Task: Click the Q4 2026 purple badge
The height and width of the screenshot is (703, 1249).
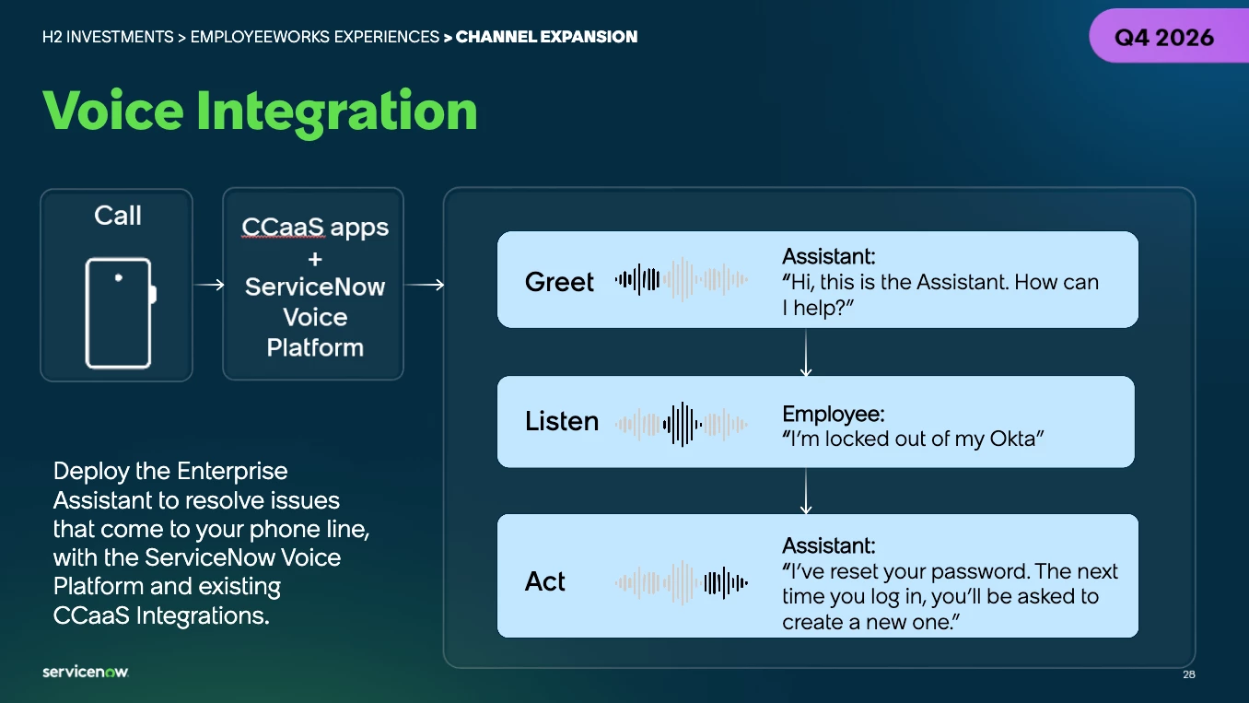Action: click(1169, 36)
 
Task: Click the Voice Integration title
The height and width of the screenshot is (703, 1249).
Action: click(260, 111)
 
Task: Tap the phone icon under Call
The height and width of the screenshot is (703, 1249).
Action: click(121, 312)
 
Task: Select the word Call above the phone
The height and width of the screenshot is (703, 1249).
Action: click(118, 216)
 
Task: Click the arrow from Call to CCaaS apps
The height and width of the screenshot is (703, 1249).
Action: click(208, 285)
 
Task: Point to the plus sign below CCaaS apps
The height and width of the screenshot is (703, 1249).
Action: click(315, 259)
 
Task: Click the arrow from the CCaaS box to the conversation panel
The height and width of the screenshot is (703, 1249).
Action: click(425, 285)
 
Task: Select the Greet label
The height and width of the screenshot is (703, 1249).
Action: click(559, 282)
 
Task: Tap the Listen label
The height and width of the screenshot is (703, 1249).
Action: click(562, 421)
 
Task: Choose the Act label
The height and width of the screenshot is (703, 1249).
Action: click(544, 581)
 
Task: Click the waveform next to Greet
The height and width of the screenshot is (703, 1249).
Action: click(682, 279)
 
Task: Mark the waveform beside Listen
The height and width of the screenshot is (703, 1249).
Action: click(682, 425)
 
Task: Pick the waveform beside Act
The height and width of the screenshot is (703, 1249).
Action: click(682, 583)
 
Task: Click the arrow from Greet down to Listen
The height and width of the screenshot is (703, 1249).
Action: click(806, 352)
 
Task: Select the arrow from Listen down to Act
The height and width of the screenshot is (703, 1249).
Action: click(806, 491)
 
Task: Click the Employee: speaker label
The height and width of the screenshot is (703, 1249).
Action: click(833, 414)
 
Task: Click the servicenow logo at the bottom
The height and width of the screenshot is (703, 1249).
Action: click(86, 672)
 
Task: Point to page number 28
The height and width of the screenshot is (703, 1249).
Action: click(1189, 674)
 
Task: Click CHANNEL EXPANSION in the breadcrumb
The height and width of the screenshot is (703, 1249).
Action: click(546, 37)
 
